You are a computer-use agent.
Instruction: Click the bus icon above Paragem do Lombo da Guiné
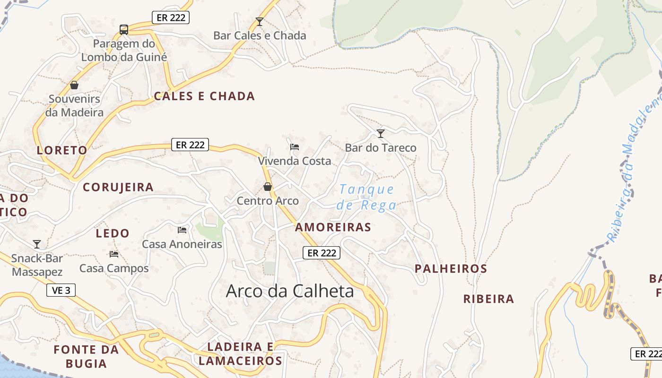(x=124, y=30)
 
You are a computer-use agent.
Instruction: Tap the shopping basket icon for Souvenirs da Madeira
(x=74, y=85)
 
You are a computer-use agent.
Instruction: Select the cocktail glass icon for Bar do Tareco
(x=381, y=134)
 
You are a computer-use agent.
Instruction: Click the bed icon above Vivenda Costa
(x=295, y=147)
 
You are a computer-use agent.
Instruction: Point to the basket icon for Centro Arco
(x=268, y=187)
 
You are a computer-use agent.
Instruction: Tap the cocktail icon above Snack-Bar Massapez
(x=37, y=244)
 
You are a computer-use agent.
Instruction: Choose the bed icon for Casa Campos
(x=114, y=254)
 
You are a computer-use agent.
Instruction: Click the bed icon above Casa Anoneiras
(x=182, y=230)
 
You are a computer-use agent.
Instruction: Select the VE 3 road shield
(x=61, y=290)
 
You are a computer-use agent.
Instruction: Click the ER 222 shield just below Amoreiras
(x=322, y=253)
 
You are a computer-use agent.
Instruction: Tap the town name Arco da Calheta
(x=290, y=291)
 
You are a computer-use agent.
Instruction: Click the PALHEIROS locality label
(x=451, y=269)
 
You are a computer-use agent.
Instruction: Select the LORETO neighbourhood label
(x=62, y=150)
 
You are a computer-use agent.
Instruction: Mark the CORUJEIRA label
(x=118, y=187)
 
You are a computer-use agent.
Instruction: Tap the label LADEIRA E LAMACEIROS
(x=240, y=354)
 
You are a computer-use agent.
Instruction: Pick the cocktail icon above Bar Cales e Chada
(x=259, y=22)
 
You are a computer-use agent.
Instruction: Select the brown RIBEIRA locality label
(x=488, y=299)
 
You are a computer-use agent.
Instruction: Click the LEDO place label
(x=113, y=233)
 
